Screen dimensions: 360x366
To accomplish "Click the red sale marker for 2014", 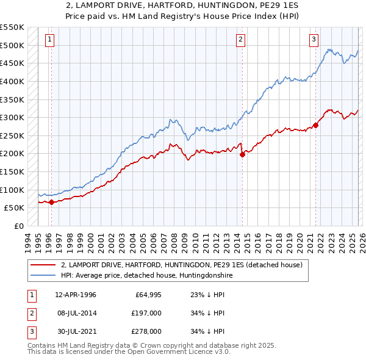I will pyautogui.click(x=242, y=154).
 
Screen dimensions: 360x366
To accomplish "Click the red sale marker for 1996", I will pyautogui.click(x=51, y=202).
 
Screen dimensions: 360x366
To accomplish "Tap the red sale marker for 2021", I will pyautogui.click(x=316, y=126).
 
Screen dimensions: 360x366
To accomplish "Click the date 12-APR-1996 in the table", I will pyautogui.click(x=76, y=295).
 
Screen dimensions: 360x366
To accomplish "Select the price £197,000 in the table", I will pyautogui.click(x=146, y=313).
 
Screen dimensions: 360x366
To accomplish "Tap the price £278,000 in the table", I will pyautogui.click(x=146, y=331).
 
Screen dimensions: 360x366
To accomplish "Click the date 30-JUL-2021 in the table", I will pyautogui.click(x=76, y=331).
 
